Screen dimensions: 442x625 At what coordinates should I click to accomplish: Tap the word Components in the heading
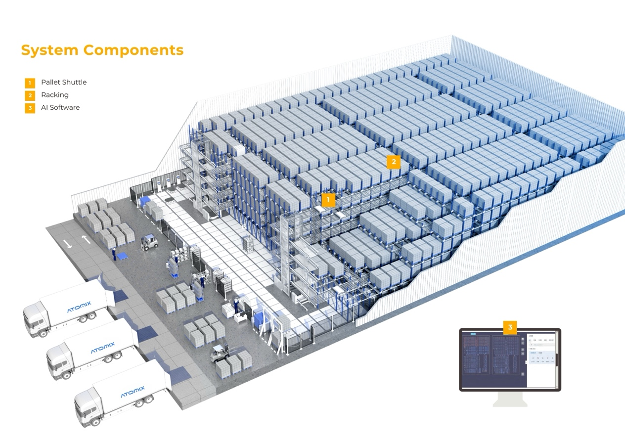point(134,50)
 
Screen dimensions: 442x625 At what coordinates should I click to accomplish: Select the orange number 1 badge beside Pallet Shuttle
point(30,83)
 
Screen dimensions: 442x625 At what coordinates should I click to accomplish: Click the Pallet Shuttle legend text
point(64,82)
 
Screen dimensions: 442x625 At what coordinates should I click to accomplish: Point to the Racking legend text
point(55,95)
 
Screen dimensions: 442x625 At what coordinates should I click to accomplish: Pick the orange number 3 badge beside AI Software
point(30,108)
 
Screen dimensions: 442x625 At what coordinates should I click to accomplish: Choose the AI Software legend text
point(60,108)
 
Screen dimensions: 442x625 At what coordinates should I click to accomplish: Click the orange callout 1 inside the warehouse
point(328,200)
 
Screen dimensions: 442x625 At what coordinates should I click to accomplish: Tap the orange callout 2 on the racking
point(394,162)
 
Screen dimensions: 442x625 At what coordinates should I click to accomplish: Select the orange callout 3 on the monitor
point(510,327)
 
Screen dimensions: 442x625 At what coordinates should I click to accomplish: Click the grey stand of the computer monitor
point(510,398)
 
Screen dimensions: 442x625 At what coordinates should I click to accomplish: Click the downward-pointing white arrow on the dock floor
point(69,243)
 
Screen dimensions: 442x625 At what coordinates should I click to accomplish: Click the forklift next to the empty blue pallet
point(149,242)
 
